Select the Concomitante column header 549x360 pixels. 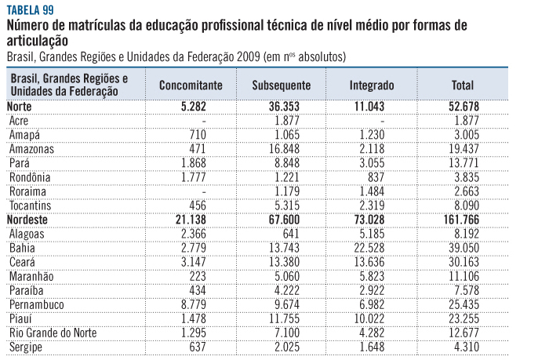pyautogui.click(x=191, y=85)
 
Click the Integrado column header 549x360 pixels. pyautogui.click(x=372, y=85)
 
